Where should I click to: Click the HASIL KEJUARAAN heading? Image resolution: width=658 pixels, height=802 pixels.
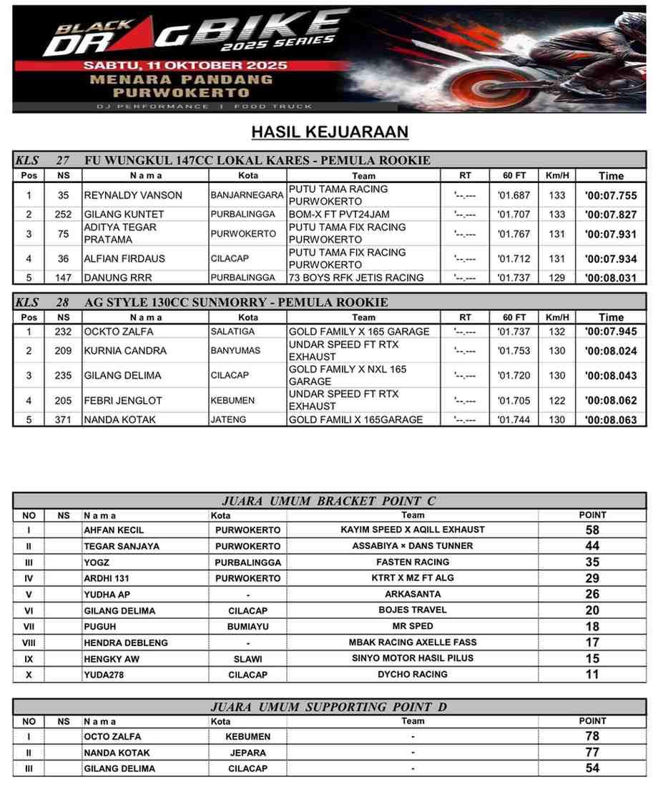coord(330,132)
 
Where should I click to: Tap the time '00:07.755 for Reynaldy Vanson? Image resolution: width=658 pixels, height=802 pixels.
coord(610,196)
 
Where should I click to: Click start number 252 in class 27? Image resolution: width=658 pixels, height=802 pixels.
coord(64,214)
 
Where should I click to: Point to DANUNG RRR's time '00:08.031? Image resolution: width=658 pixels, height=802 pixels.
coord(610,278)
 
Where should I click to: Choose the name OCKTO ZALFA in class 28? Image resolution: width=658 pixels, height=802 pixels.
coord(118,332)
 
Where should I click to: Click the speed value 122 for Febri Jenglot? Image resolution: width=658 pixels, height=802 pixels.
coord(556,400)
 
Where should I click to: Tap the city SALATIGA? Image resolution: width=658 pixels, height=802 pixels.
coord(231,332)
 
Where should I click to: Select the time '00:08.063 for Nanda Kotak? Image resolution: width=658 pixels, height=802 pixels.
coord(610,420)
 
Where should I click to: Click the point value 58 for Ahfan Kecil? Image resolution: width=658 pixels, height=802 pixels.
coord(592,530)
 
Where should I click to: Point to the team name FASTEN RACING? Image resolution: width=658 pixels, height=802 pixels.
coord(413,563)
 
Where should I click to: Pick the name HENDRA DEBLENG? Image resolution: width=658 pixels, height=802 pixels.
coord(126,643)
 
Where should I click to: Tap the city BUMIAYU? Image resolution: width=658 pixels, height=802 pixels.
coord(247,627)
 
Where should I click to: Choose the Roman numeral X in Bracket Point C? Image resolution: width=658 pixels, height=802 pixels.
coord(29,675)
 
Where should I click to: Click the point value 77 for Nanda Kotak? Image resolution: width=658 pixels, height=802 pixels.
coord(592,753)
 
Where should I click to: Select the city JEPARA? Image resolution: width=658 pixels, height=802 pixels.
coord(247,753)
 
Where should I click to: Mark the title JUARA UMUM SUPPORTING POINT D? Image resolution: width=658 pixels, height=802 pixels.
coord(329,707)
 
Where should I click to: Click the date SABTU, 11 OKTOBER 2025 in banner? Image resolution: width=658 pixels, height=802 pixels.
coord(185,65)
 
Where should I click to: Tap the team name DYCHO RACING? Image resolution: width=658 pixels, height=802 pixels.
coord(413,675)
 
